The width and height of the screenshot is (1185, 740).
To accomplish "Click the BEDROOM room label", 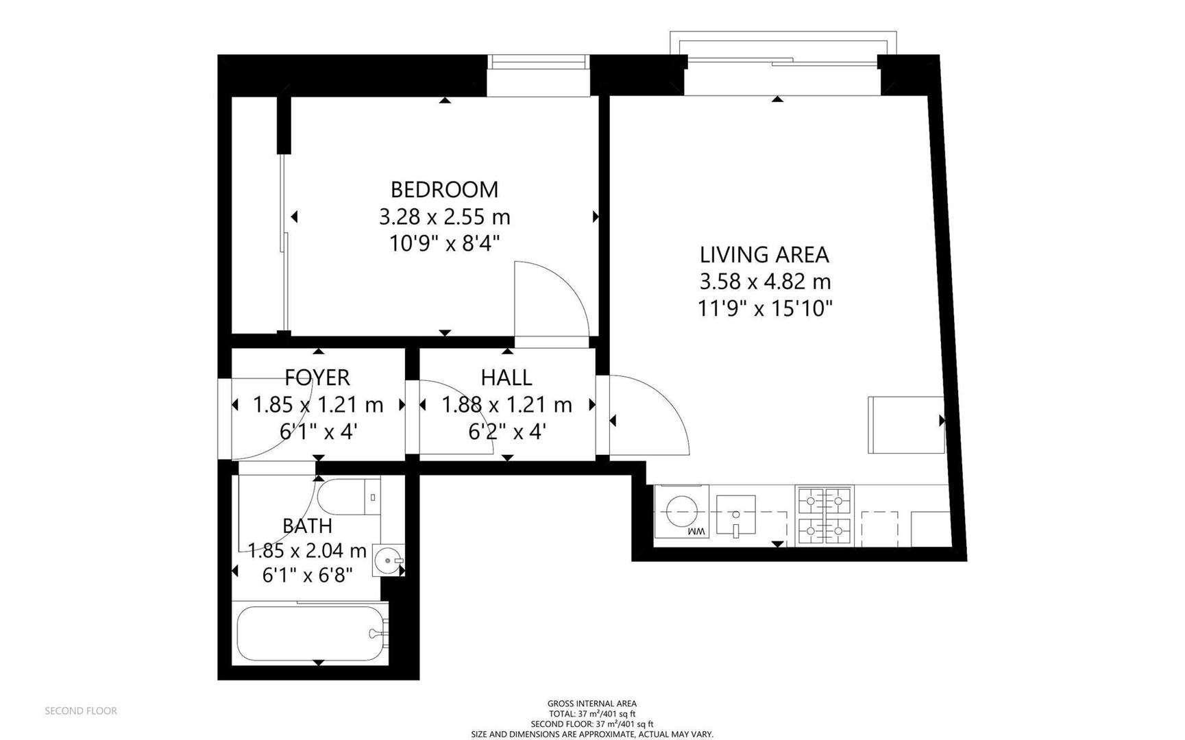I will (444, 189).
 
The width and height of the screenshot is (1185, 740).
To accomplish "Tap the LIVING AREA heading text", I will (764, 255).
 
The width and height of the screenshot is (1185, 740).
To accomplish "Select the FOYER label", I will (317, 378).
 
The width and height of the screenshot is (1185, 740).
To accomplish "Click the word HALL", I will (506, 378).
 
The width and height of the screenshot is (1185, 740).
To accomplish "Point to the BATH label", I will (307, 526).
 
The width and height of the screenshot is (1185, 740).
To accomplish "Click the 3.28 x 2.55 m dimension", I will (444, 217).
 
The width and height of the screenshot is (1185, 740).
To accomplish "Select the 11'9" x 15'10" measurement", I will (764, 309).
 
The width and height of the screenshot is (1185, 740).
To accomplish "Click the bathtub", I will (312, 633).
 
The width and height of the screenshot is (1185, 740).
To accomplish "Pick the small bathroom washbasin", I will (389, 560).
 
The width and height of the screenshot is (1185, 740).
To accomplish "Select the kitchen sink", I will (735, 515).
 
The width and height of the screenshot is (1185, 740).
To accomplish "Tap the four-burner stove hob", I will (824, 516).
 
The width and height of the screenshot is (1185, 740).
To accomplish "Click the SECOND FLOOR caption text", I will (81, 711).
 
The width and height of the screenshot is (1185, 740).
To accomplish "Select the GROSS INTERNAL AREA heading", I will (591, 704).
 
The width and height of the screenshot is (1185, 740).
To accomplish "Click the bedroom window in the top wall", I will (538, 62).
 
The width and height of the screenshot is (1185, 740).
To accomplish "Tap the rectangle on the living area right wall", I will (905, 425).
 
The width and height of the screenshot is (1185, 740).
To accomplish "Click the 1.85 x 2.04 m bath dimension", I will (307, 551).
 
